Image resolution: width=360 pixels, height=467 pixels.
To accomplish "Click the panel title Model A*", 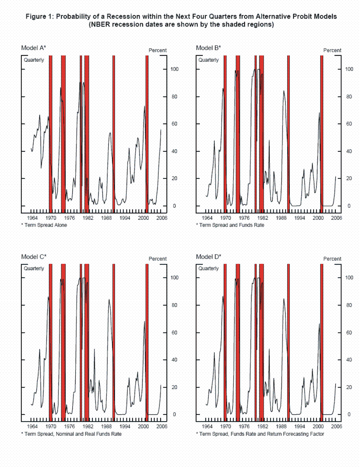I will coord(33,48).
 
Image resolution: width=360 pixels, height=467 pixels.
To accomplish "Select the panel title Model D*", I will coord(208,256).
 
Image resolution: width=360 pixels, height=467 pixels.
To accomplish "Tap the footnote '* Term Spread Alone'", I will coord(44,225).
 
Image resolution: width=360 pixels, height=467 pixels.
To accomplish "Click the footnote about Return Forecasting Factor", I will coord(260,434).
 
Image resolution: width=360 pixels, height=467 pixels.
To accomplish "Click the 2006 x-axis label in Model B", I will coord(336,218).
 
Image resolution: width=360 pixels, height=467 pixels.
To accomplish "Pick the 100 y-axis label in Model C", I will coord(175,278).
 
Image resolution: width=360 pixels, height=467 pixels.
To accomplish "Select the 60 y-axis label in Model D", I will coord(349,333).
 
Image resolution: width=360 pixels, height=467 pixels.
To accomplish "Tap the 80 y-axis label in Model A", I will coord(175,97).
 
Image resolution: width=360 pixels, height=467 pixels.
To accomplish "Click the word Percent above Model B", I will coord(332,50).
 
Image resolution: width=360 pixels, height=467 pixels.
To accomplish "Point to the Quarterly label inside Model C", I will coord(34,268).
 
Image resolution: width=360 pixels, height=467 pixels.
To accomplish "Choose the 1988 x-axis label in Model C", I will coord(107,427).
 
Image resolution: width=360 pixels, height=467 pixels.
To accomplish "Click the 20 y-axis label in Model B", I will coord(349,179).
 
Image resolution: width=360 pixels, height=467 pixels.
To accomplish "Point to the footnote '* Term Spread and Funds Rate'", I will coord(230,225).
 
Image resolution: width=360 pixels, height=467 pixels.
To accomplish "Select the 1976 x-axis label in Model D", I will coord(244,427).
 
